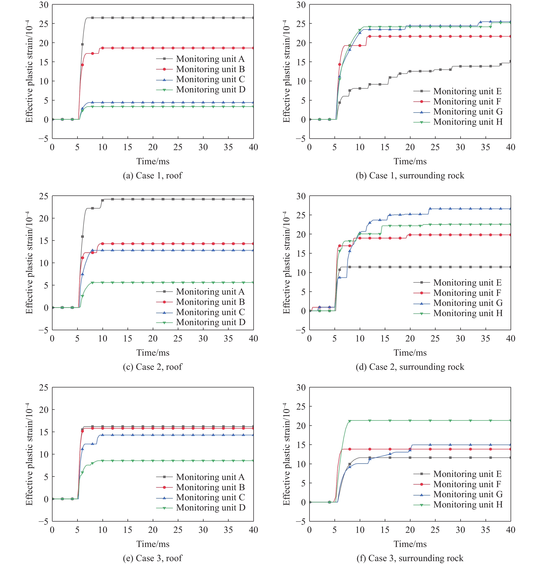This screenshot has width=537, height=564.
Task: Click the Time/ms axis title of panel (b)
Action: coord(410,161)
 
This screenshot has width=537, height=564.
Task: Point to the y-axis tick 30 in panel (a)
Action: coord(44,5)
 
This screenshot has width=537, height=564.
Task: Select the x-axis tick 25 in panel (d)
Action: coord(435,339)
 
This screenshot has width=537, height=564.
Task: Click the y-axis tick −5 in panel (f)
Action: coord(301,521)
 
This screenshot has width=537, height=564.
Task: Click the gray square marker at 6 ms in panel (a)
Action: coord(83,44)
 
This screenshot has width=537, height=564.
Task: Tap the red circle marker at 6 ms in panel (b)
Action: coord(340,64)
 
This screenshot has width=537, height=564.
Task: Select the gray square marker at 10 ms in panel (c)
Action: coord(102,200)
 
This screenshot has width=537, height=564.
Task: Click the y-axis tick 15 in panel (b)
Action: coord(301,62)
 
